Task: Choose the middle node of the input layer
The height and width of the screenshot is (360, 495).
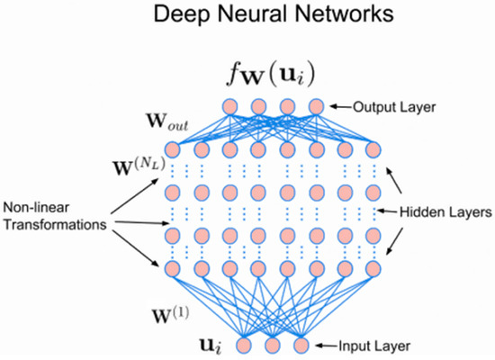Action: pos(273,345)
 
